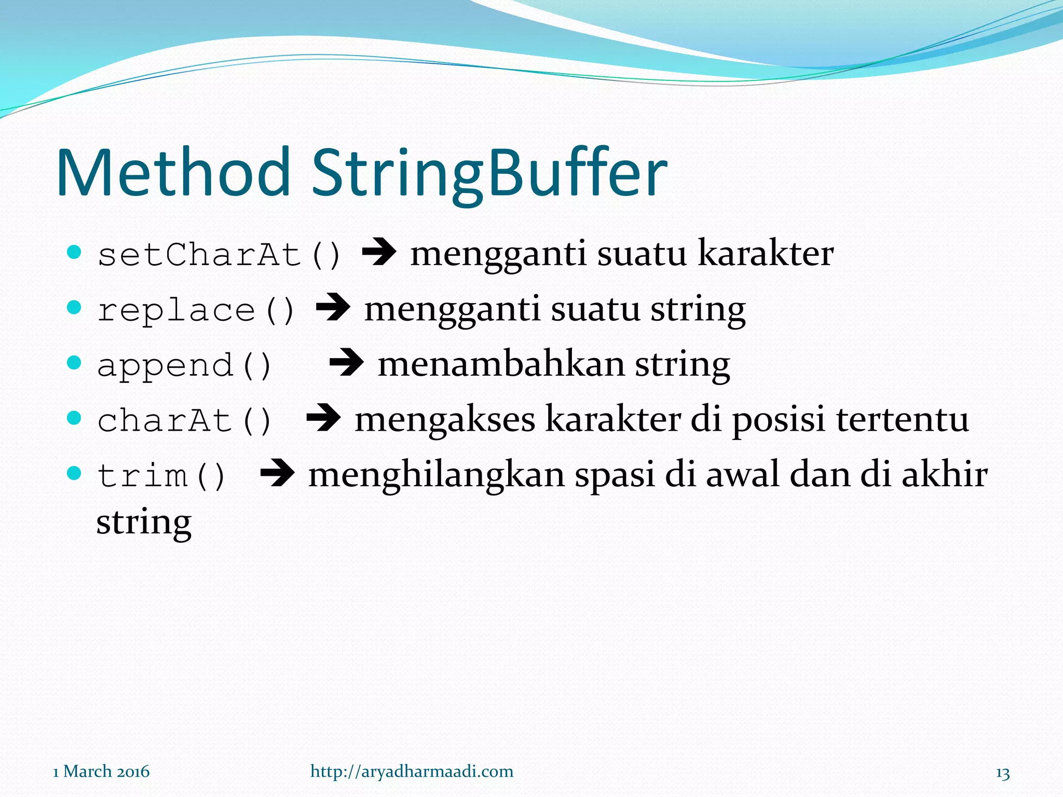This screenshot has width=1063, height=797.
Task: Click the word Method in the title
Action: click(173, 173)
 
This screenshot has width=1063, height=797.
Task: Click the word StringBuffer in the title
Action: click(489, 174)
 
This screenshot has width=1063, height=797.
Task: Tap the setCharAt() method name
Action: click(219, 255)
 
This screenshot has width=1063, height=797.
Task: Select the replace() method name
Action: click(196, 311)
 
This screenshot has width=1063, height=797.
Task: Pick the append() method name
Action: click(184, 366)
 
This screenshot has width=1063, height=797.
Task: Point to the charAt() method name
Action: click(184, 421)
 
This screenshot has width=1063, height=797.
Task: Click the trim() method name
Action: click(161, 476)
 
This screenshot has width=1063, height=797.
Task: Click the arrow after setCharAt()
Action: click(379, 253)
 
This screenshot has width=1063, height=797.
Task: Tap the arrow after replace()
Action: click(333, 308)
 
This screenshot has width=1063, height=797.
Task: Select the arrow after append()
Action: click(346, 363)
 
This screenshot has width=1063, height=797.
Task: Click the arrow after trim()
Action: click(277, 473)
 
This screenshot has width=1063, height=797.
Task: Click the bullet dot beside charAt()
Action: click(75, 417)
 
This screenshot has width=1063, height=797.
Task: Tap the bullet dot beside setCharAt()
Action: click(75, 252)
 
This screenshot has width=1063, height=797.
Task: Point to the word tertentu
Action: click(903, 419)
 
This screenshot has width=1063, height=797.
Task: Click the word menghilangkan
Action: click(436, 475)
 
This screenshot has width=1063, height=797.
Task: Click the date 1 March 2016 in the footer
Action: click(101, 772)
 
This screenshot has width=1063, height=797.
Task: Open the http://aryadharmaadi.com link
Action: click(412, 772)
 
